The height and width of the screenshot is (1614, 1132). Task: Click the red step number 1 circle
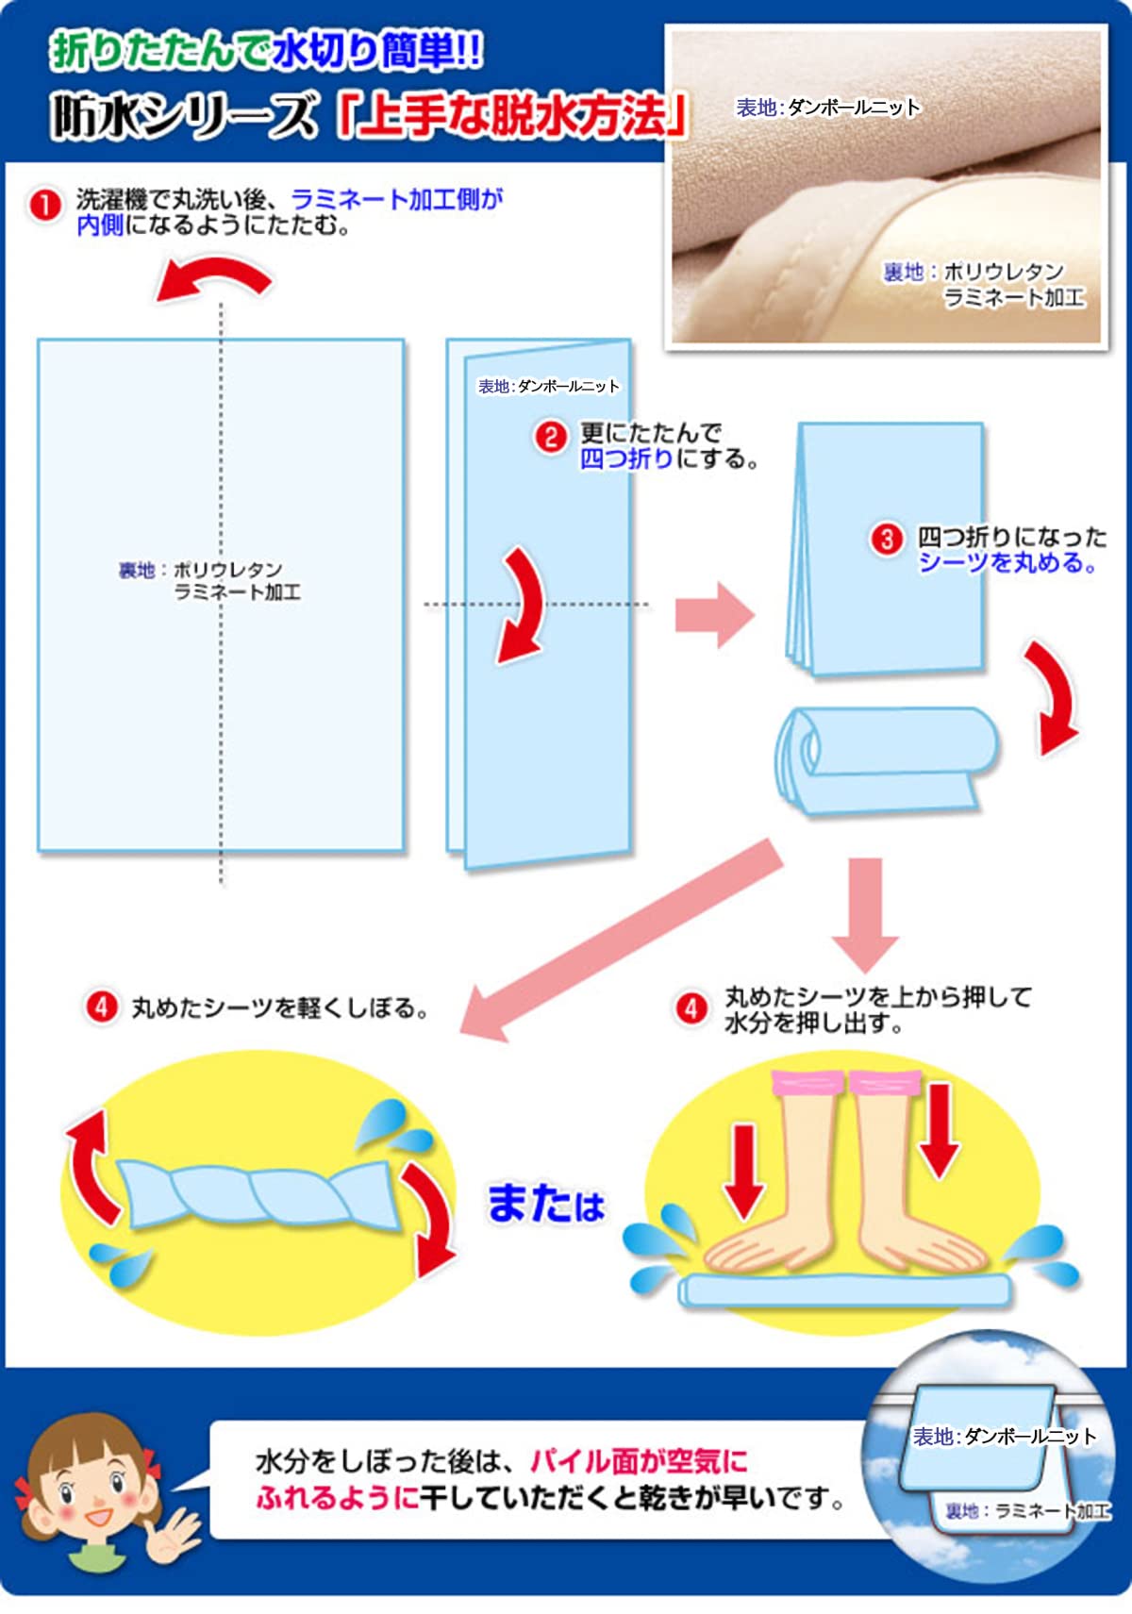44,206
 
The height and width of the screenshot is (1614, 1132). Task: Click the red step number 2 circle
551,438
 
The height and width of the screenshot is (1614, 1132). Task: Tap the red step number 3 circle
887,541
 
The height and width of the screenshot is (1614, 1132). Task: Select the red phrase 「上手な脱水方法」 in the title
512,116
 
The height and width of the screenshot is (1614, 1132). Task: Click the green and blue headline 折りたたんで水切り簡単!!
266,53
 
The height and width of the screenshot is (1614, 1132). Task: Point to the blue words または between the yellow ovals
545,1206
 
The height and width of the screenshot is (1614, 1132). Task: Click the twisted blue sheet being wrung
258,1195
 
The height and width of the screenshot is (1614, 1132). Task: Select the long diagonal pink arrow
621,940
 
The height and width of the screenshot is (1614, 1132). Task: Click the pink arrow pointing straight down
865,915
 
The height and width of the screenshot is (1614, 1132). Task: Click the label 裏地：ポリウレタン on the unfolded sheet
200,570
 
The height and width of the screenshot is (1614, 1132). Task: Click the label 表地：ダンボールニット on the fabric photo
828,108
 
